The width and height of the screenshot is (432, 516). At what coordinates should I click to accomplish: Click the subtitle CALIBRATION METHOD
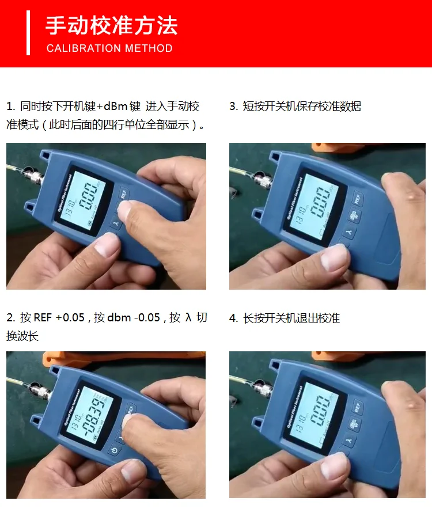pos(109,48)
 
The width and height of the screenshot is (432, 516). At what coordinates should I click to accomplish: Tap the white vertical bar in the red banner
pos(28,32)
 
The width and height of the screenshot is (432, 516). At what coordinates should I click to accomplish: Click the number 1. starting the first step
pos(10,107)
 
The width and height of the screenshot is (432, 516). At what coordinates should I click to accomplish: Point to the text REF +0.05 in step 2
pos(59,318)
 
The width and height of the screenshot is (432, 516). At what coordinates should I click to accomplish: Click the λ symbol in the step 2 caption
pos(187,318)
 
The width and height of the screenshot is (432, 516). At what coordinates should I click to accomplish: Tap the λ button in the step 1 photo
pos(117,223)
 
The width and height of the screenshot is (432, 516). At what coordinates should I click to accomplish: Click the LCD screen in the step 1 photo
pos(86,198)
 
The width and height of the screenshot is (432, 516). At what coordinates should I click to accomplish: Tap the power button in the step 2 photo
pos(115,451)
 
